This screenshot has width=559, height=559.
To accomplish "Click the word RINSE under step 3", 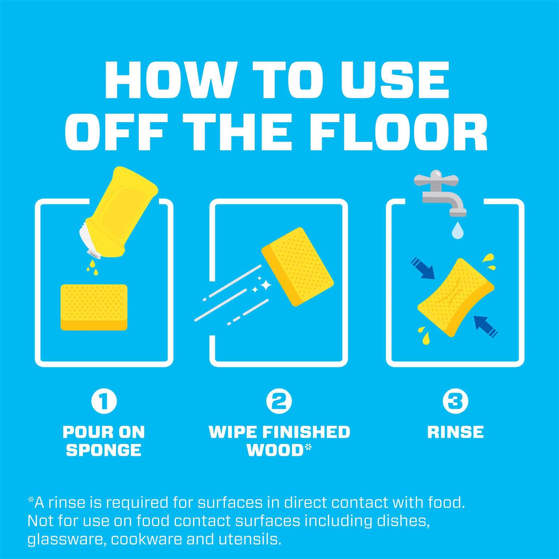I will point(455,432).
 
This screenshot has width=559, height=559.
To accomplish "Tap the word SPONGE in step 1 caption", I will point(104,450).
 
